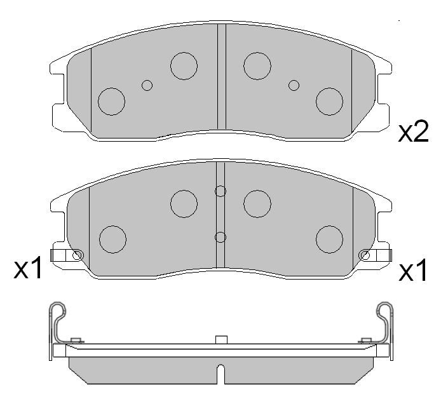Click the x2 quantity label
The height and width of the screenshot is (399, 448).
[x=414, y=132]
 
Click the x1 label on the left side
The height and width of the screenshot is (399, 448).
[x=28, y=267]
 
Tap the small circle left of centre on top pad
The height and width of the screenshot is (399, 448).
[x=147, y=85]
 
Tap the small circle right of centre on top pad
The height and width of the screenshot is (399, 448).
[x=294, y=85]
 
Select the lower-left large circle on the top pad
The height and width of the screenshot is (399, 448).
[x=111, y=102]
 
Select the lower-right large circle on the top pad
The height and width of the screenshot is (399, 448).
[x=329, y=102]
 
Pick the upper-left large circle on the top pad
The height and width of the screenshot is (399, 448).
[x=184, y=66]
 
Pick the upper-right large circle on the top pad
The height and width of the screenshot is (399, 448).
[x=257, y=66]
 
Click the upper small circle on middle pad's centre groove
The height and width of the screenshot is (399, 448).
[x=221, y=191]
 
